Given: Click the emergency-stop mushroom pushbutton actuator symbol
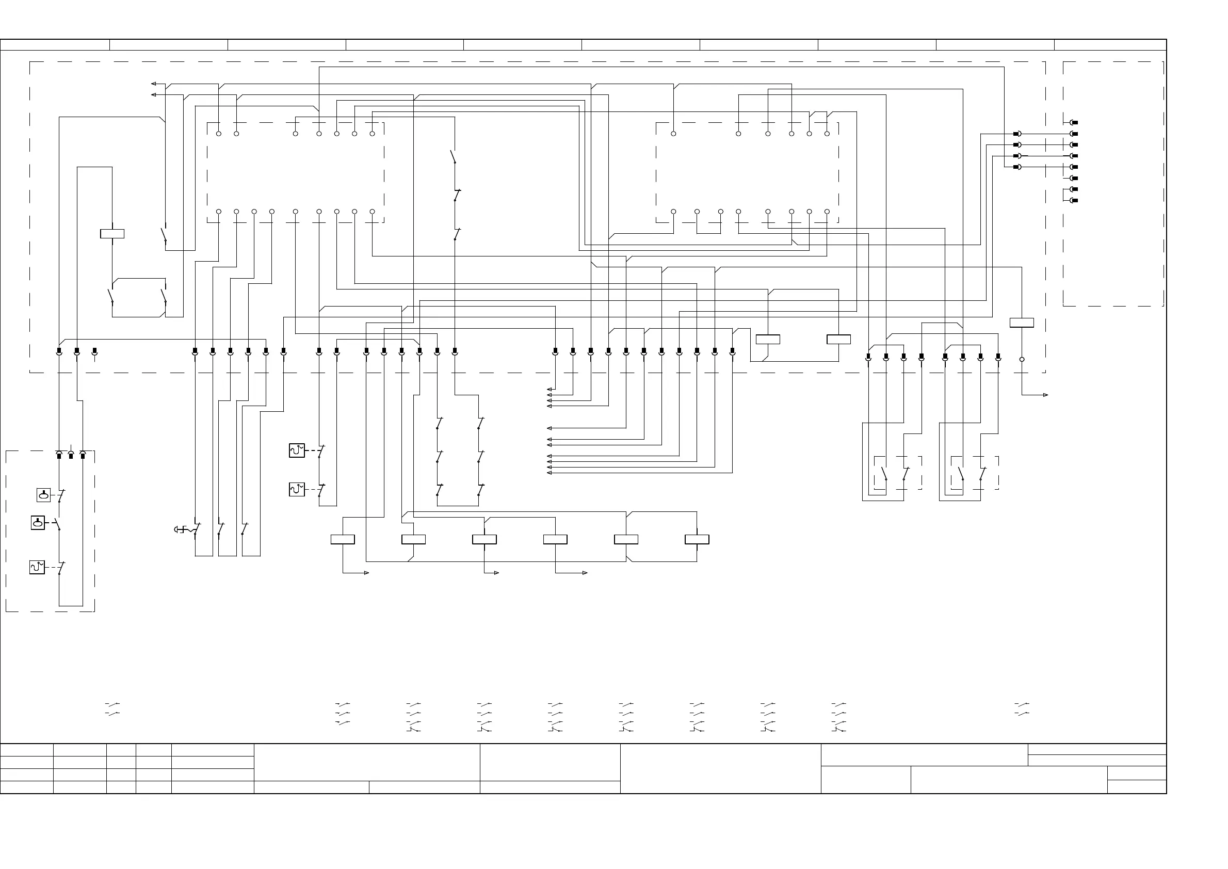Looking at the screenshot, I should pos(181,530).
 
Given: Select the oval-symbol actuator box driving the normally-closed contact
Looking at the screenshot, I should pos(43,495).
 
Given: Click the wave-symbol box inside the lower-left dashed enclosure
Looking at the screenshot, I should pos(37,567).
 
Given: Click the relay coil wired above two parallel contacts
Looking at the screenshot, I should pos(112,234).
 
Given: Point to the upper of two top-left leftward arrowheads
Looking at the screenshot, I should pos(154,84).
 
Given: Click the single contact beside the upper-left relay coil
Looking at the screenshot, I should pos(164,235).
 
